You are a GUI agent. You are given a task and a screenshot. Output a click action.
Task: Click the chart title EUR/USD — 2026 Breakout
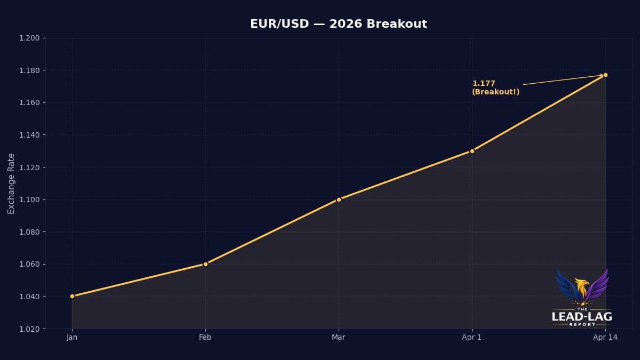339,24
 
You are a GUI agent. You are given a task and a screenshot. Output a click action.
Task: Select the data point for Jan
72,296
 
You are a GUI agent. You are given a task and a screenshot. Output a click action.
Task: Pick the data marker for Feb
205,264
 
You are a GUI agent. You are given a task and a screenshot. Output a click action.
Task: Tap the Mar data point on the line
339,199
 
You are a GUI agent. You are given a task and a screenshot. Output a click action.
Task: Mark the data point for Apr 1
472,151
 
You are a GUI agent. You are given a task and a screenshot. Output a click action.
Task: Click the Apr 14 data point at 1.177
605,75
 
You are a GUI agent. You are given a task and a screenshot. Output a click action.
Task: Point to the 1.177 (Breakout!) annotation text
495,87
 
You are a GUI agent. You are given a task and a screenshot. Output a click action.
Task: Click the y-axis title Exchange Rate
11,183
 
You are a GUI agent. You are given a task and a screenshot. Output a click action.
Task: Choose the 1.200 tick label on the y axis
29,38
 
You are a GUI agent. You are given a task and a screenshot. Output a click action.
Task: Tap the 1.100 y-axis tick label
29,199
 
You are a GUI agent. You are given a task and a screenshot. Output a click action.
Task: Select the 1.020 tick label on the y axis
29,329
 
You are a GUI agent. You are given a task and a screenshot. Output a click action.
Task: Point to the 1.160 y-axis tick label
29,103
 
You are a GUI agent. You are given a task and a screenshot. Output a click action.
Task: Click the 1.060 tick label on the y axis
29,264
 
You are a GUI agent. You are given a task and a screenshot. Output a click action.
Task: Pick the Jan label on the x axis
72,337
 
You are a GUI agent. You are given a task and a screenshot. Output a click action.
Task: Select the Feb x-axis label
205,337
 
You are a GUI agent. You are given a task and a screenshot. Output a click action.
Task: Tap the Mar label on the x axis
339,337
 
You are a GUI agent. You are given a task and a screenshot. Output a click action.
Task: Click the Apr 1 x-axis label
472,337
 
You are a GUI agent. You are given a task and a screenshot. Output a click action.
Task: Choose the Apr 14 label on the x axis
605,337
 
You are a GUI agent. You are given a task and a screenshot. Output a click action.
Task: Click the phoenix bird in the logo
582,287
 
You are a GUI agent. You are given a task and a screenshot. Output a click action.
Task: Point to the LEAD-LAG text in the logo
582,317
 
